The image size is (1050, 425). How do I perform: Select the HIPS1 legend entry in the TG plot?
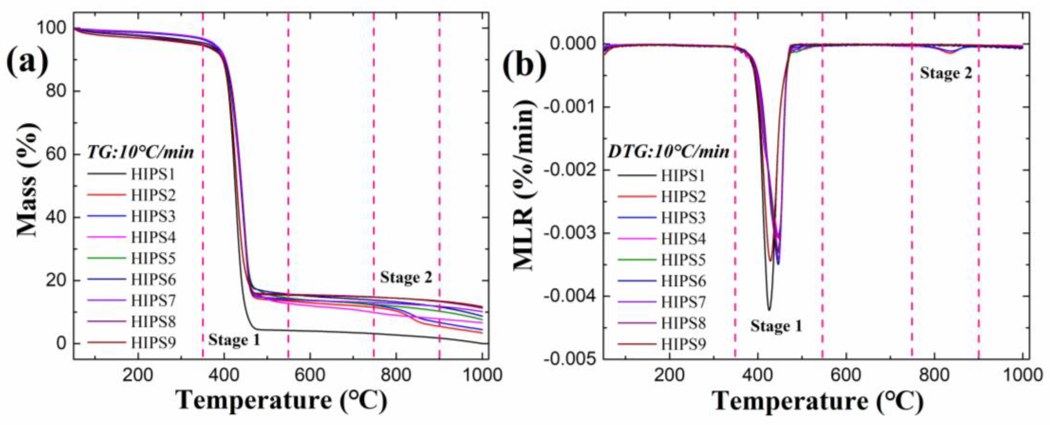coord(152,175)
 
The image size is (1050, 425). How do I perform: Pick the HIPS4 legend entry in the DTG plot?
coord(683,239)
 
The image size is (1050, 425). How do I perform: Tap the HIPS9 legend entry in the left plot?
coord(152,343)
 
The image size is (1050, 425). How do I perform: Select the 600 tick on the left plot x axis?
coord(310,374)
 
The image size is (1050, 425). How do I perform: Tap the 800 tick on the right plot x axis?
coord(934,374)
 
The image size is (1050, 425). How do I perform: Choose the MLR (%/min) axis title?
coord(523,185)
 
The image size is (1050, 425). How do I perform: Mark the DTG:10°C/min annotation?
coord(669,152)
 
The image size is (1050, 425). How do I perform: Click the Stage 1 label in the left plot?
coord(234,340)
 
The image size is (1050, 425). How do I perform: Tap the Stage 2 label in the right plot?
coord(946,73)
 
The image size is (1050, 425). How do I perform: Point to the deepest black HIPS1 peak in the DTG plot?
coord(769,310)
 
